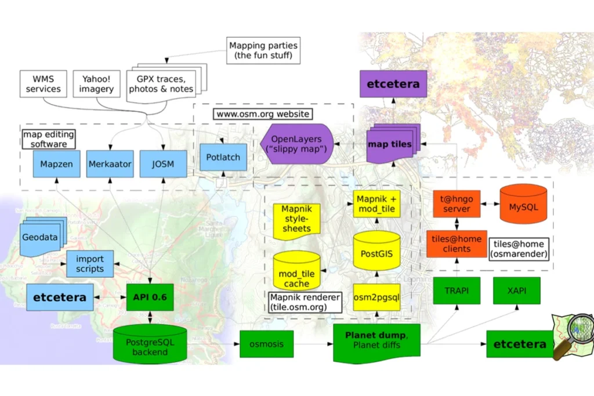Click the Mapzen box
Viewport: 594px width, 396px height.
click(56, 164)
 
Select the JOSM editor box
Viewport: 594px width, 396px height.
click(163, 164)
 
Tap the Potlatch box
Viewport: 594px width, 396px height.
click(223, 157)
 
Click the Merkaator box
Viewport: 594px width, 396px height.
click(110, 164)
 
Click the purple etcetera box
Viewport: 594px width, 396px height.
click(393, 84)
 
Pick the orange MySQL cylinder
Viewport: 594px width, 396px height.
click(523, 205)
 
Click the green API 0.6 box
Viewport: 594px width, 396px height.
click(150, 297)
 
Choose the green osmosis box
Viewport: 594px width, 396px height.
click(267, 344)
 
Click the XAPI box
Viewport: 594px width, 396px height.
click(517, 291)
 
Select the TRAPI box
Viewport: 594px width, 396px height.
click(457, 291)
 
